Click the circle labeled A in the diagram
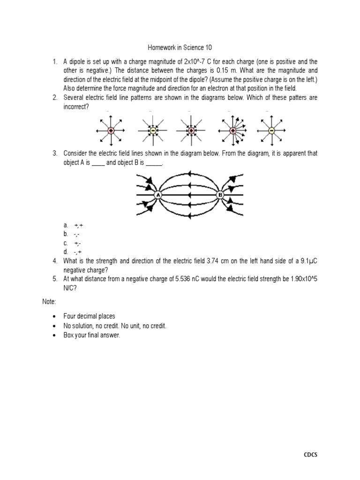158,195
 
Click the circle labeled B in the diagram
220,195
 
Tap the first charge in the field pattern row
111,130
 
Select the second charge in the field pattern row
151,130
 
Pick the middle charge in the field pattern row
191,130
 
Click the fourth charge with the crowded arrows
230,130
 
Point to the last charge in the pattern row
270,130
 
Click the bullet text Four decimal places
90,316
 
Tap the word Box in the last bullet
69,335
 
